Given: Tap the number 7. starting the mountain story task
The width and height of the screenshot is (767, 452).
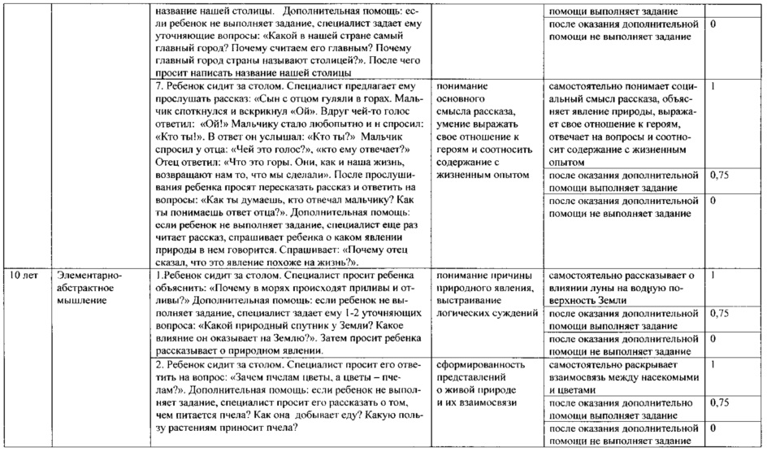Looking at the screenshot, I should [x=158, y=85].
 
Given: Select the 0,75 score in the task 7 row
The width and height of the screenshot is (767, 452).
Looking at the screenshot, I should [x=718, y=175].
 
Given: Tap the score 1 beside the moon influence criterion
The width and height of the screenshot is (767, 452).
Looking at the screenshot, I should [x=713, y=276].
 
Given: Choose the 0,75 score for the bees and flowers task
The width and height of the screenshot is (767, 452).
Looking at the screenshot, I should [x=718, y=402].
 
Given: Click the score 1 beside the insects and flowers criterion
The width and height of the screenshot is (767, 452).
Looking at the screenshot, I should [x=713, y=365].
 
